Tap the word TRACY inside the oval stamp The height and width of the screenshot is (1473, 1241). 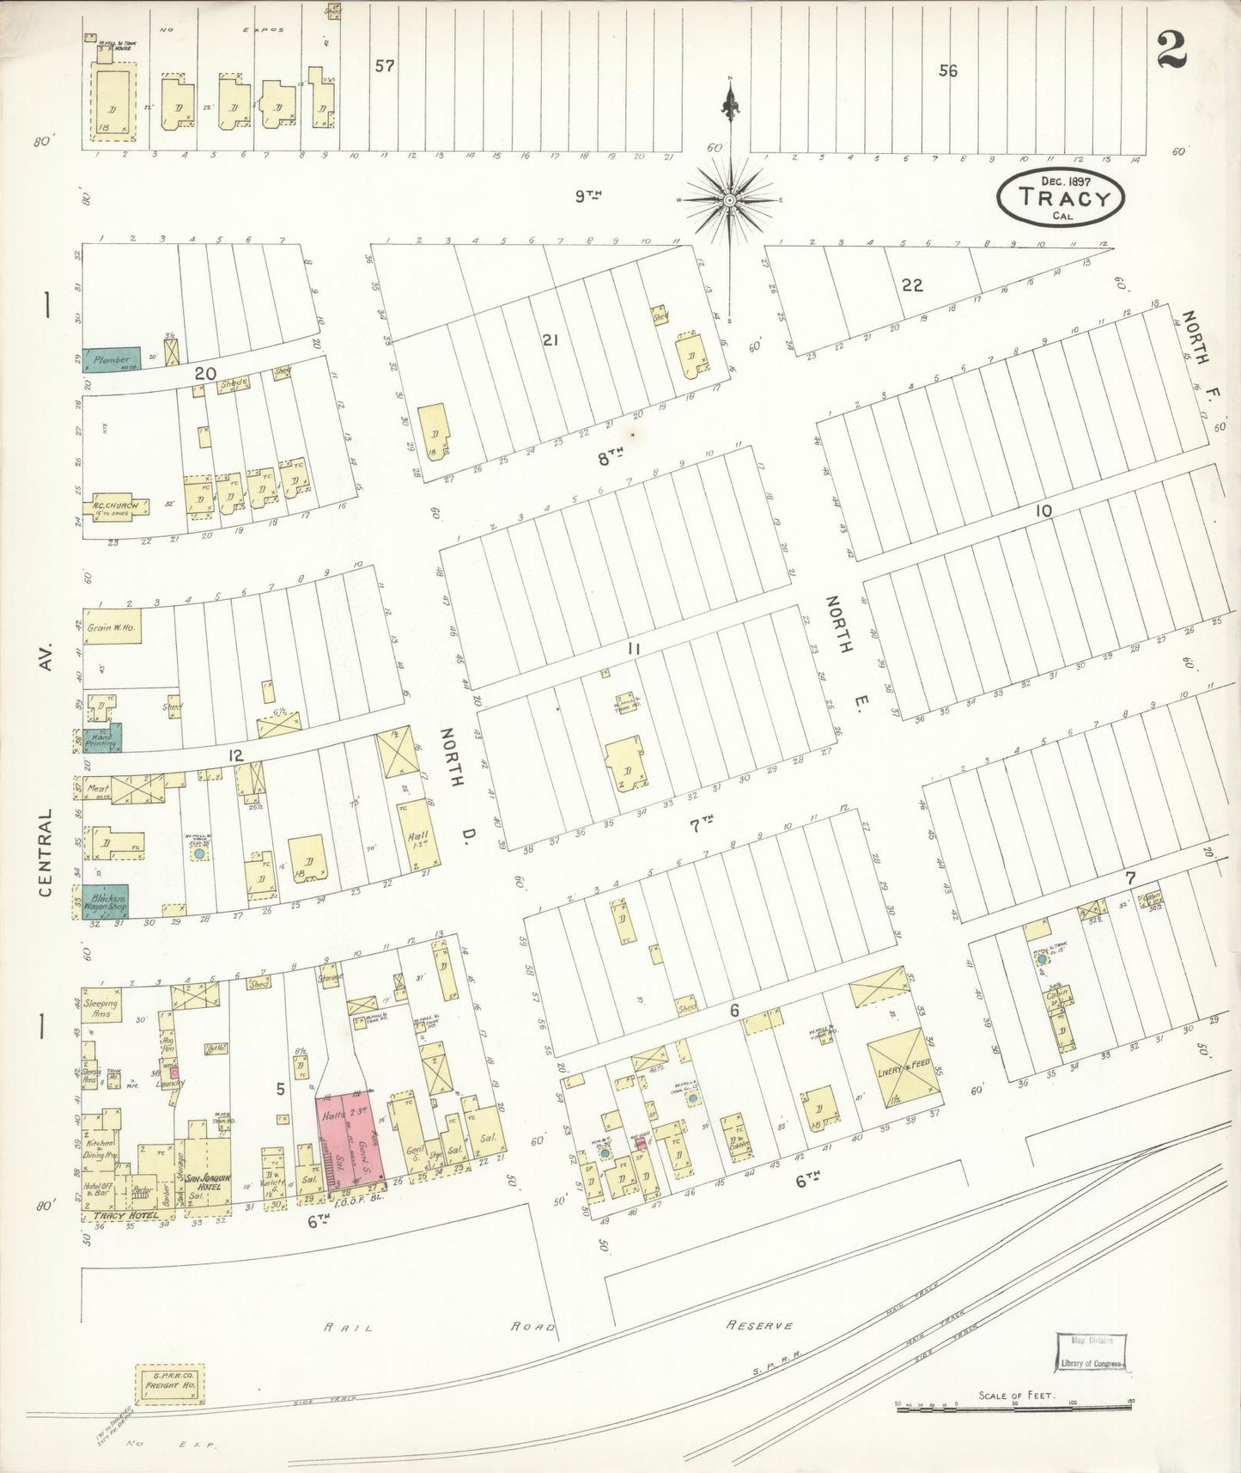click(x=1060, y=199)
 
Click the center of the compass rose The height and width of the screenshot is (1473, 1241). click(x=729, y=200)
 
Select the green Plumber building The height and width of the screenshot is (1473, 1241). click(x=111, y=360)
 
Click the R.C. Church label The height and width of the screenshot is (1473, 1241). click(x=115, y=506)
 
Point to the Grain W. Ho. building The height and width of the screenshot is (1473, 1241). click(x=112, y=626)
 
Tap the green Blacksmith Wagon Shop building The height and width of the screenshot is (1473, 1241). click(x=105, y=902)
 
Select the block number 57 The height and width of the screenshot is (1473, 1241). click(x=385, y=65)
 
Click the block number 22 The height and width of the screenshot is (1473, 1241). click(x=912, y=284)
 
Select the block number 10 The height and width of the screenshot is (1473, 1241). click(x=1043, y=511)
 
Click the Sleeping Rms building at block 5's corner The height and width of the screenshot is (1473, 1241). click(x=101, y=1008)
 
